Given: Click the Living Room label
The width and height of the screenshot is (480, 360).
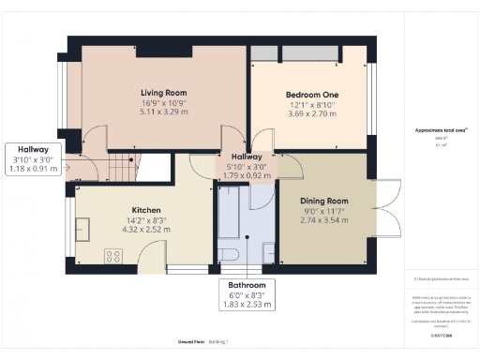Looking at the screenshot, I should [164, 93].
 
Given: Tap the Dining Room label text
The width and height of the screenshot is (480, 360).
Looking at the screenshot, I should [324, 201].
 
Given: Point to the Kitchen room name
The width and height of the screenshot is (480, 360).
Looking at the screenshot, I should [145, 210].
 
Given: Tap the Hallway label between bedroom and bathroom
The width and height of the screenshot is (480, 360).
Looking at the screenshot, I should [247, 157].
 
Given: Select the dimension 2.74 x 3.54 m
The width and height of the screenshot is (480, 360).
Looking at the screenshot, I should [324, 220].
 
